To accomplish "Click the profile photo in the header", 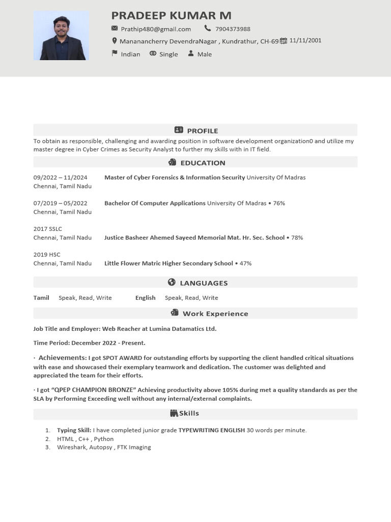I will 61,36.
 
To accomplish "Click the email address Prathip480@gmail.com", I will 156,29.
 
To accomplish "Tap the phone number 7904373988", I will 233,29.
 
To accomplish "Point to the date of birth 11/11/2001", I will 305,41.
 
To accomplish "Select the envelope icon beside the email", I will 115,29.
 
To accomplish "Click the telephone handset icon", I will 207,29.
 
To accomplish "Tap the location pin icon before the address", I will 115,41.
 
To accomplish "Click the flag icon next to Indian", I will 115,54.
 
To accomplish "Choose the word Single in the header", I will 169,54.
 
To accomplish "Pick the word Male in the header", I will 204,54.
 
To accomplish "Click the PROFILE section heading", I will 202,130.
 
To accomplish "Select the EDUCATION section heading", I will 203,163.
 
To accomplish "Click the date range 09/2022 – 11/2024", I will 60,177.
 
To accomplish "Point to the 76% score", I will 279,203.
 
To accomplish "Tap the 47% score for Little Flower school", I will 245,263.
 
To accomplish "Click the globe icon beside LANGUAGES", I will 172,282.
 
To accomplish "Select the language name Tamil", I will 41,298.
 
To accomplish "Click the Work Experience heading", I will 215,314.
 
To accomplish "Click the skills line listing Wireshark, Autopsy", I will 104,447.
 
